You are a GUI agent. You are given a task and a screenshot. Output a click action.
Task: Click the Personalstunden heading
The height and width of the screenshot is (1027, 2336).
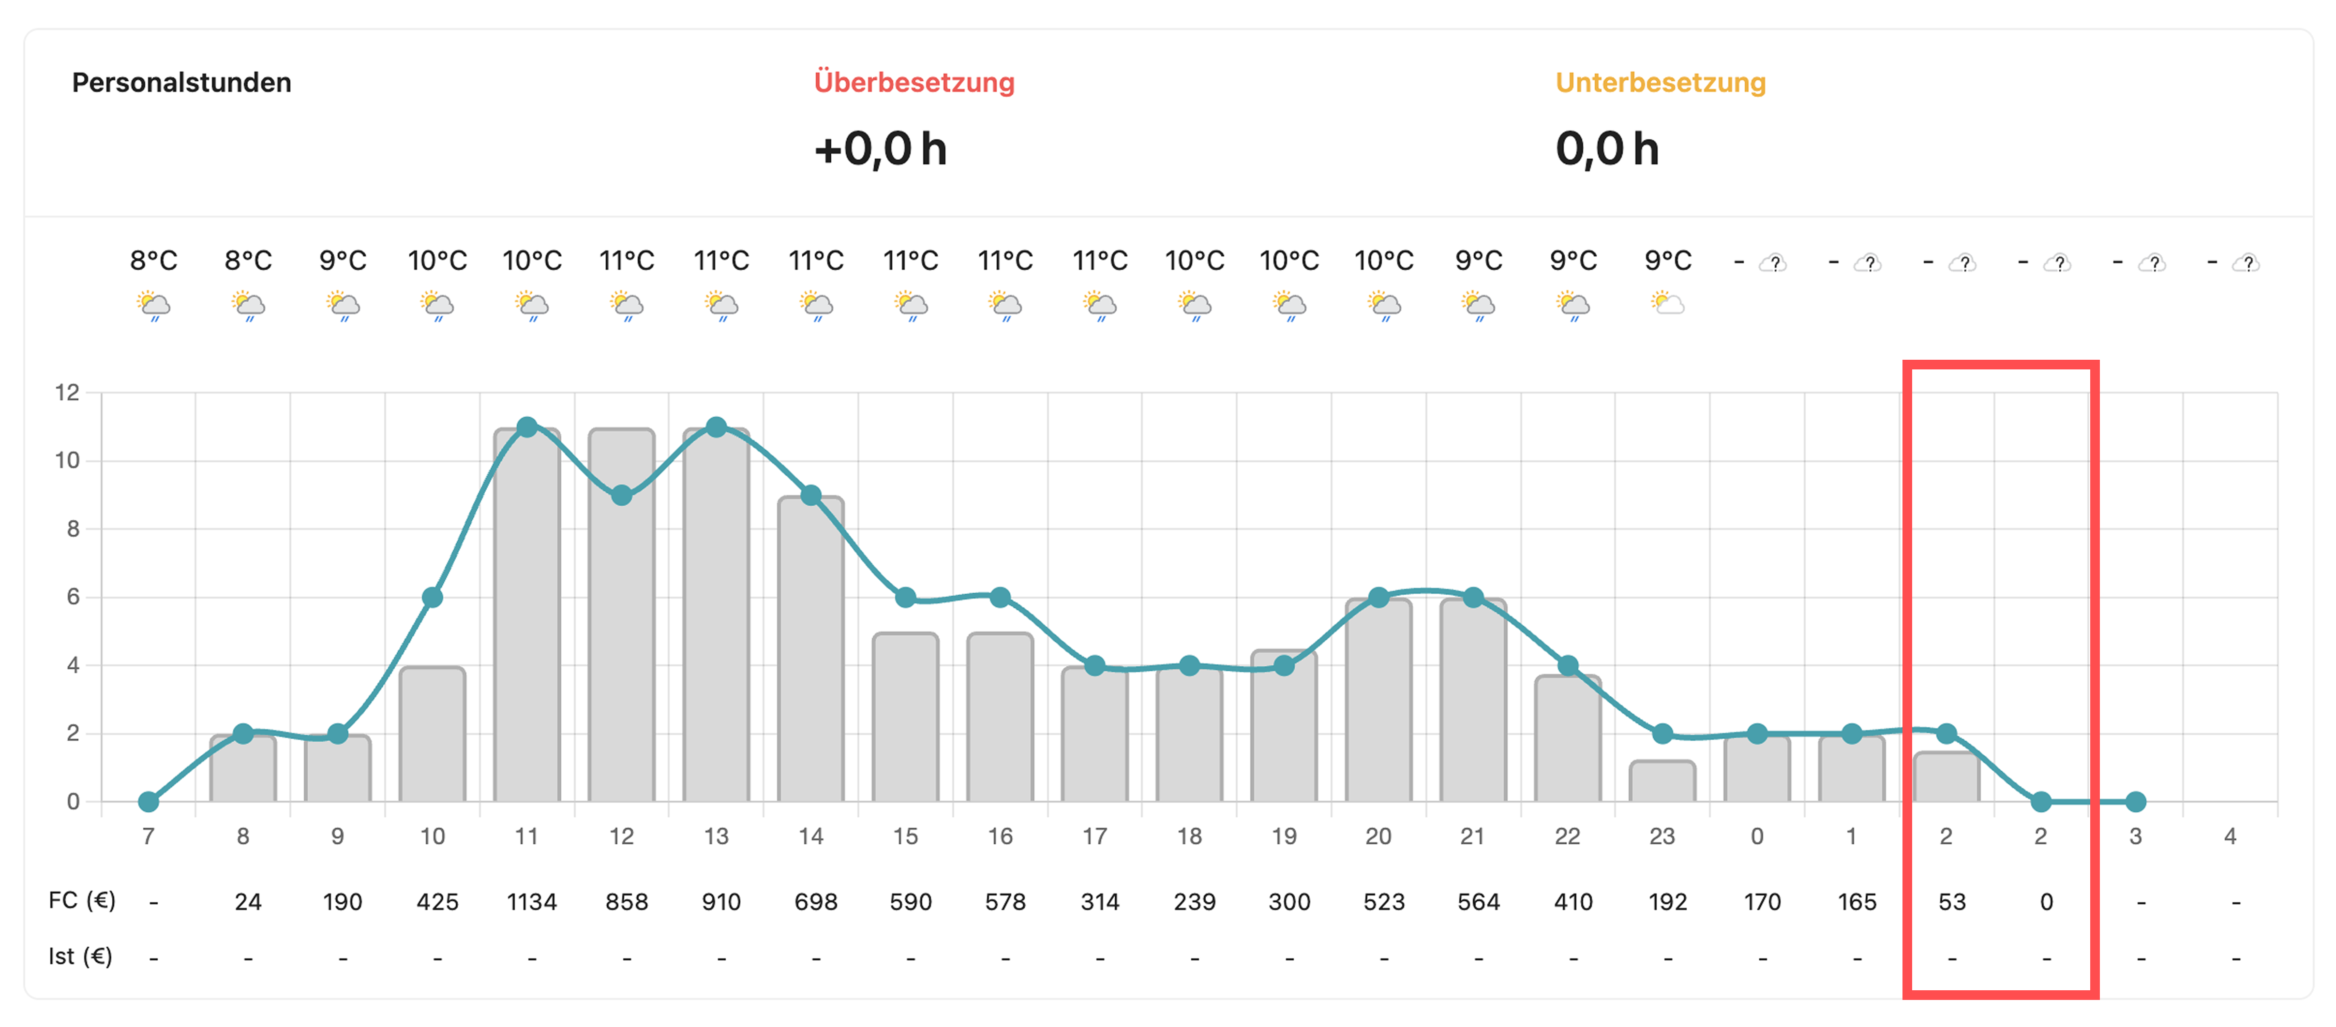point(181,83)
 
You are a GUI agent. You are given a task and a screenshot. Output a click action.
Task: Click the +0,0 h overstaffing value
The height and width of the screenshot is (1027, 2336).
point(880,148)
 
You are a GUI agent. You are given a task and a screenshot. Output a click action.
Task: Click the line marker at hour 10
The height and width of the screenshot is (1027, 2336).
point(433,597)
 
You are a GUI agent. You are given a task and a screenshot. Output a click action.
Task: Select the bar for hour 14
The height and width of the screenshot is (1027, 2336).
point(811,653)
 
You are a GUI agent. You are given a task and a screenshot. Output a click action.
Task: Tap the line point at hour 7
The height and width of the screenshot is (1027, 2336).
point(149,801)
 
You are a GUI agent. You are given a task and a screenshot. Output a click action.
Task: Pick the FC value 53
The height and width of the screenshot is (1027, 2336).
point(1951,902)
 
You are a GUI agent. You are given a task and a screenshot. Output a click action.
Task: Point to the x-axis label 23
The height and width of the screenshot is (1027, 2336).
point(1662,836)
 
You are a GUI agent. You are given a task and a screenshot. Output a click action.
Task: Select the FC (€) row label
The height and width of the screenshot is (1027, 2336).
point(82,900)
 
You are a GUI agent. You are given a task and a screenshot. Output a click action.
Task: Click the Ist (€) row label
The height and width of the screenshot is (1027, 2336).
point(80,956)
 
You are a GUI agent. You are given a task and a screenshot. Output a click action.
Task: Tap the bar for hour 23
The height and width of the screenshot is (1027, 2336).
point(1662,781)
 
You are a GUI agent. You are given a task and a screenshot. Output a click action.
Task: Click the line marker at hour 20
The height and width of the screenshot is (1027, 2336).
point(1378,597)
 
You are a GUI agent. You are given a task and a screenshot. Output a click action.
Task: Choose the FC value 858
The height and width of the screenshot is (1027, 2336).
point(627,902)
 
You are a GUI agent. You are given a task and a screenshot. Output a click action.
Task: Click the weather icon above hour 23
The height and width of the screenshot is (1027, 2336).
point(1667,303)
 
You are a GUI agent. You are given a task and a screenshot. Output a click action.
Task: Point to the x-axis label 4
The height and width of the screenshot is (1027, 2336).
point(2230,836)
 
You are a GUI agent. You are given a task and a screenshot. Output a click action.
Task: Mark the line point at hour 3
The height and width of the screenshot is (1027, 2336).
point(2136,801)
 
